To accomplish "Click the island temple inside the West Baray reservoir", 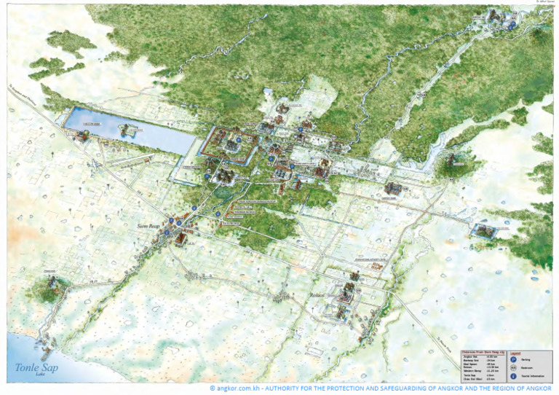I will click(130, 130).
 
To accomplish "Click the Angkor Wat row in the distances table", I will click(471, 356).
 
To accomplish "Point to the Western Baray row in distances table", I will click(473, 371).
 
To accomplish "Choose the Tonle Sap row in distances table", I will click(470, 375).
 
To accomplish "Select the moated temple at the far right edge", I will click(482, 231).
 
